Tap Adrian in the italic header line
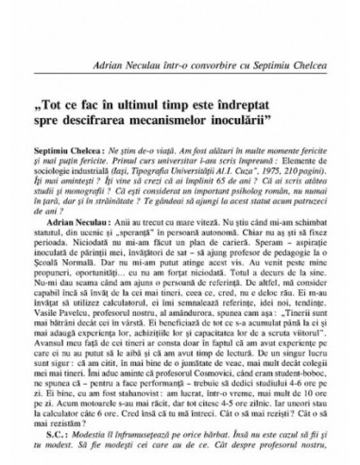click(x=122, y=44)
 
